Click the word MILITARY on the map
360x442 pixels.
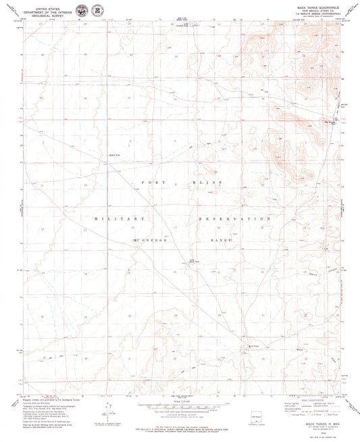120,220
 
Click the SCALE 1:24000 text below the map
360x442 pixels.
180,400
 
